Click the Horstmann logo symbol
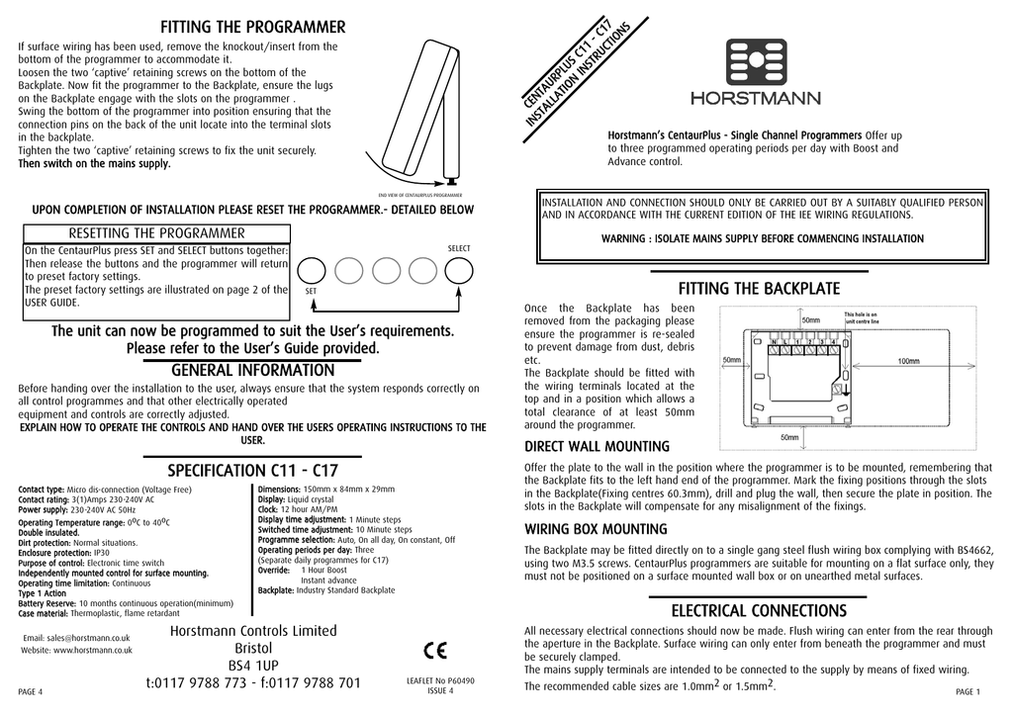(760, 63)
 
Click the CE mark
(434, 650)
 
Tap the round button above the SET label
(312, 270)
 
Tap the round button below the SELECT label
(459, 270)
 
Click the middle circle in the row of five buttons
(386, 270)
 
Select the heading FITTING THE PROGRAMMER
(253, 26)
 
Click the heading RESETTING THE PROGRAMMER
(155, 233)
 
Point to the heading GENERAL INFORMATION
(253, 370)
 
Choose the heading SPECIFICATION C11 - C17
(253, 469)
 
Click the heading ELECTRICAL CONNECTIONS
(759, 611)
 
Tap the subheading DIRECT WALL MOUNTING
(597, 447)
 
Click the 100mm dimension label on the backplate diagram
(908, 362)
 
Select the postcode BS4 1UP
(254, 666)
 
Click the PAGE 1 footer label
(967, 690)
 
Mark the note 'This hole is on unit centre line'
(868, 318)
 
